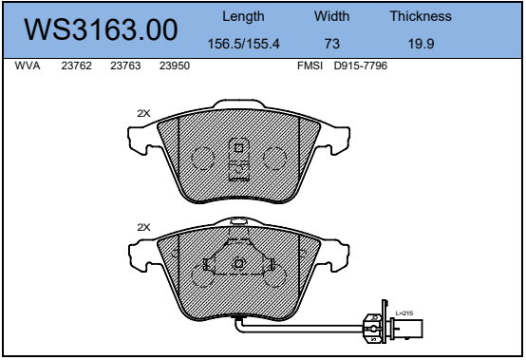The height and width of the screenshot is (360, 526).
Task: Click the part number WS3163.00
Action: point(101,29)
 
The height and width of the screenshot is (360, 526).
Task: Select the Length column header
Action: point(243,16)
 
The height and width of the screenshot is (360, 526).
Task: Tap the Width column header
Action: point(331,16)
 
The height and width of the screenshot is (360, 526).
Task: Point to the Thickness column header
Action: point(421,16)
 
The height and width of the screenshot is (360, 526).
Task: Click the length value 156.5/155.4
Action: point(244,44)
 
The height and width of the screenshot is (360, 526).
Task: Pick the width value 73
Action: point(332,44)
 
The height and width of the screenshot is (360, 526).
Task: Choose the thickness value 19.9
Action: point(421,44)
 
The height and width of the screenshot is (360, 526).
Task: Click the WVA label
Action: point(28,66)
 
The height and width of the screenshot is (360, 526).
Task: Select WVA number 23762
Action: point(76,66)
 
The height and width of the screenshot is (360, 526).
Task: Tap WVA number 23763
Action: point(125,66)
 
